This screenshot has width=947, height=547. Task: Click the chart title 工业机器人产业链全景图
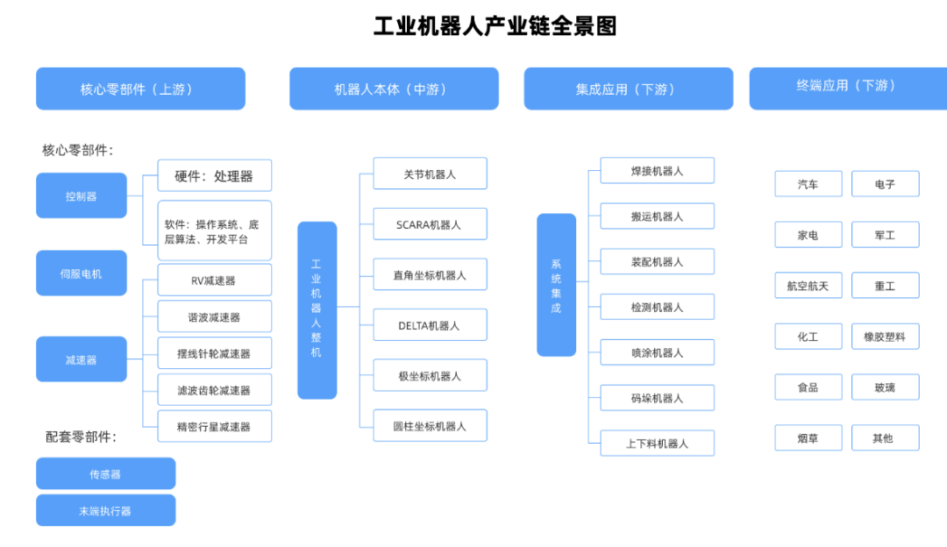(x=495, y=26)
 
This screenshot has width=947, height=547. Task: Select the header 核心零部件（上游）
(x=140, y=89)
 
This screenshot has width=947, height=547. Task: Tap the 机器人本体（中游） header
(x=394, y=89)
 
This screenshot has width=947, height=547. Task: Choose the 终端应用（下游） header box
(x=848, y=86)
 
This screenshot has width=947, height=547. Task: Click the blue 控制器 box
(x=82, y=195)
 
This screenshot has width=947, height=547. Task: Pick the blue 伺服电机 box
(x=82, y=273)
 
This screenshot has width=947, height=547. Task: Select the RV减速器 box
(x=214, y=281)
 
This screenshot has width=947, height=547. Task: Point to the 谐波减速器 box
(x=214, y=316)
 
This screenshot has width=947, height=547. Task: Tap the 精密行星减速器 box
(x=214, y=426)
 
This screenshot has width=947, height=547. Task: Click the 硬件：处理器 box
(x=214, y=175)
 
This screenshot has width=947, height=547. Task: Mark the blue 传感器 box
(x=105, y=473)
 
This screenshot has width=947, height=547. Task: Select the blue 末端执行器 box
(x=105, y=510)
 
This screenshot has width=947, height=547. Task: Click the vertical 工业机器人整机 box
(x=317, y=309)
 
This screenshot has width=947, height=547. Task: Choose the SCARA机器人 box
(x=430, y=224)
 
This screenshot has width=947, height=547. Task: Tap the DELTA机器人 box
(x=430, y=325)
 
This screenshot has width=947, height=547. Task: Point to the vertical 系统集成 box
(x=556, y=285)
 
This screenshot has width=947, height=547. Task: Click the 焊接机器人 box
(x=657, y=171)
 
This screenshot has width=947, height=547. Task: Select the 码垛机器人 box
(x=657, y=398)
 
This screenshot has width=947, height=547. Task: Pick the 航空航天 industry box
(x=808, y=286)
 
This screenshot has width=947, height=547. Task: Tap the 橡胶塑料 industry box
(x=885, y=337)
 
